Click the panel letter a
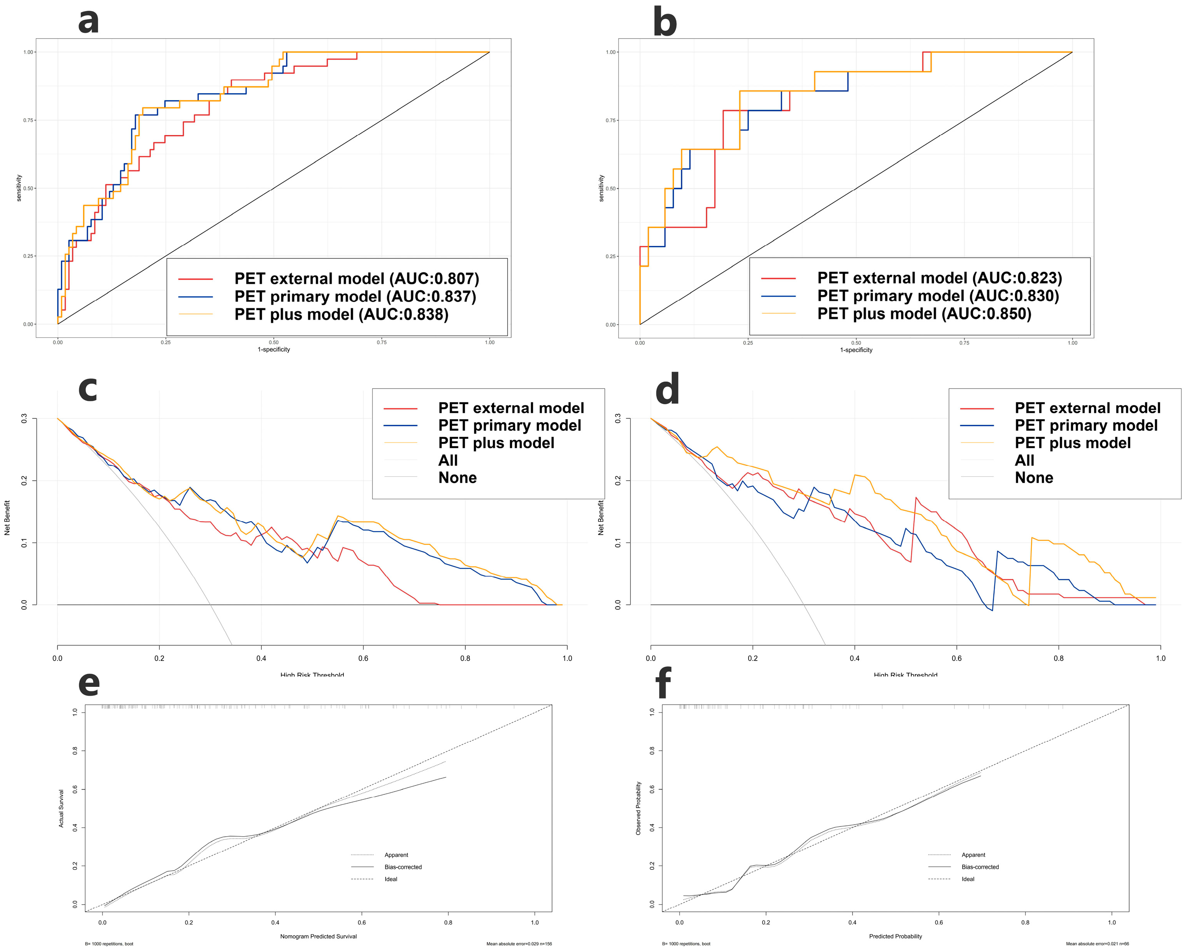click(89, 21)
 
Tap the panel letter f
click(664, 683)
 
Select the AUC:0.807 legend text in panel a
click(357, 279)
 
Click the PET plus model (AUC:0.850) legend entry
click(924, 314)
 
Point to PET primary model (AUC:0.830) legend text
click(938, 296)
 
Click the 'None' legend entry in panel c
click(457, 477)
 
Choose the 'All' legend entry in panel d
click(1024, 460)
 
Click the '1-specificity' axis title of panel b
click(856, 350)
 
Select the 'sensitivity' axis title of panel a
click(19, 188)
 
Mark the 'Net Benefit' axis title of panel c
click(7, 517)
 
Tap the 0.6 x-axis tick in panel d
click(957, 658)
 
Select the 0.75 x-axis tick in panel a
click(381, 342)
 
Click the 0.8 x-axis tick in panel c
click(465, 658)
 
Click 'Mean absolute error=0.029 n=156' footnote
click(519, 944)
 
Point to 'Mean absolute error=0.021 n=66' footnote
click(1097, 944)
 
